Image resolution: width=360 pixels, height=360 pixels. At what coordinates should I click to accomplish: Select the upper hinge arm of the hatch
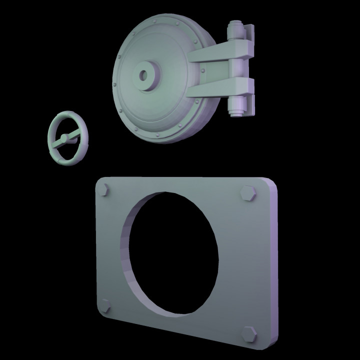point(220,54)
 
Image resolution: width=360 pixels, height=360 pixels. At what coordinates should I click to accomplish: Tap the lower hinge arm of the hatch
point(220,87)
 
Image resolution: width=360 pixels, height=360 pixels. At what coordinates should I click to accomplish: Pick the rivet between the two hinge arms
point(202,70)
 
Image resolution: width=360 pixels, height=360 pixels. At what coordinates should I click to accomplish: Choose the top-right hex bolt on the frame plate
point(248,193)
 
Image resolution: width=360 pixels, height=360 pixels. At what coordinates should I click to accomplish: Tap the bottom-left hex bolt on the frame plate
point(106,305)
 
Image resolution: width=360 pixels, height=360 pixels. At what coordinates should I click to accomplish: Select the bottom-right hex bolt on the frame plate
point(248,334)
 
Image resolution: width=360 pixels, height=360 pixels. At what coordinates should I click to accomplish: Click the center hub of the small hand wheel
point(64,138)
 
